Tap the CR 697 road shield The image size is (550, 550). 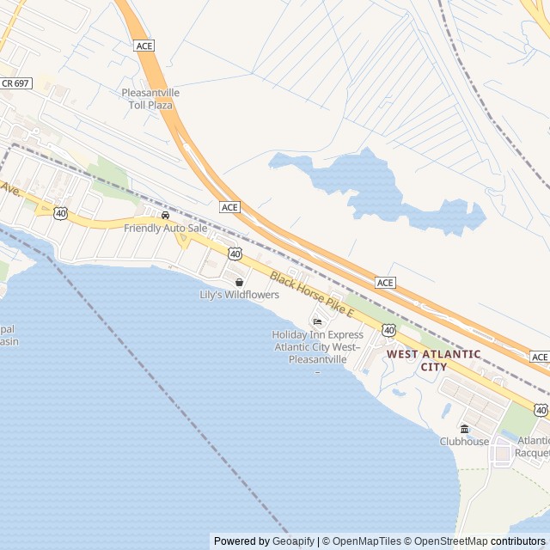(x=15, y=82)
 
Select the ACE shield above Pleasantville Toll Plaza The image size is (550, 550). (x=144, y=46)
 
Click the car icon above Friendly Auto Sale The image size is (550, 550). (x=165, y=215)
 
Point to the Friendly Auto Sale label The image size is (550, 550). (x=165, y=229)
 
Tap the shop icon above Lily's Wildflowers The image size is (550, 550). (x=239, y=282)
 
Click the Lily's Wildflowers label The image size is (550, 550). (x=239, y=295)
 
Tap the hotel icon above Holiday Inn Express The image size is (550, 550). (x=317, y=322)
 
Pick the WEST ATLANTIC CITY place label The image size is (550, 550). (x=433, y=360)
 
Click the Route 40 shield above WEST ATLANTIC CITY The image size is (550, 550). (x=389, y=330)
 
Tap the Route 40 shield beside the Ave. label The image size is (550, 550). (x=60, y=212)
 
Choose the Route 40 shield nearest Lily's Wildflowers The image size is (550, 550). (x=235, y=254)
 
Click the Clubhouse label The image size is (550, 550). (x=464, y=442)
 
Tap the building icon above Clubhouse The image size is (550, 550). (x=464, y=429)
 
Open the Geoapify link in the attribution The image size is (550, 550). (x=295, y=541)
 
